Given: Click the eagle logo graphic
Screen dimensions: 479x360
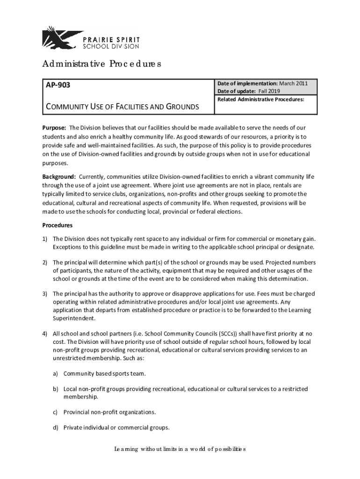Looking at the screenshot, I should point(60,37).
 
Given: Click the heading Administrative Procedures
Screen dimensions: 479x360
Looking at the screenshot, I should point(101,64).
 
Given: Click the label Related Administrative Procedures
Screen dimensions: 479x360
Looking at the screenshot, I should point(261,99).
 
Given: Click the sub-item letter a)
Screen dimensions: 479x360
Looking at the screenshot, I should point(55,374).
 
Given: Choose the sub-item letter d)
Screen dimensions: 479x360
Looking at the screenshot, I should point(55,427).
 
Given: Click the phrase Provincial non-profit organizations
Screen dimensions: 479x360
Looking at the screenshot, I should point(109,412).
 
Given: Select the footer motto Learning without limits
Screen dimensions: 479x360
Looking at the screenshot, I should point(180,450).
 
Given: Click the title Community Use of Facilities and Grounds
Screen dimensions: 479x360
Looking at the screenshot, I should point(122,107).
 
